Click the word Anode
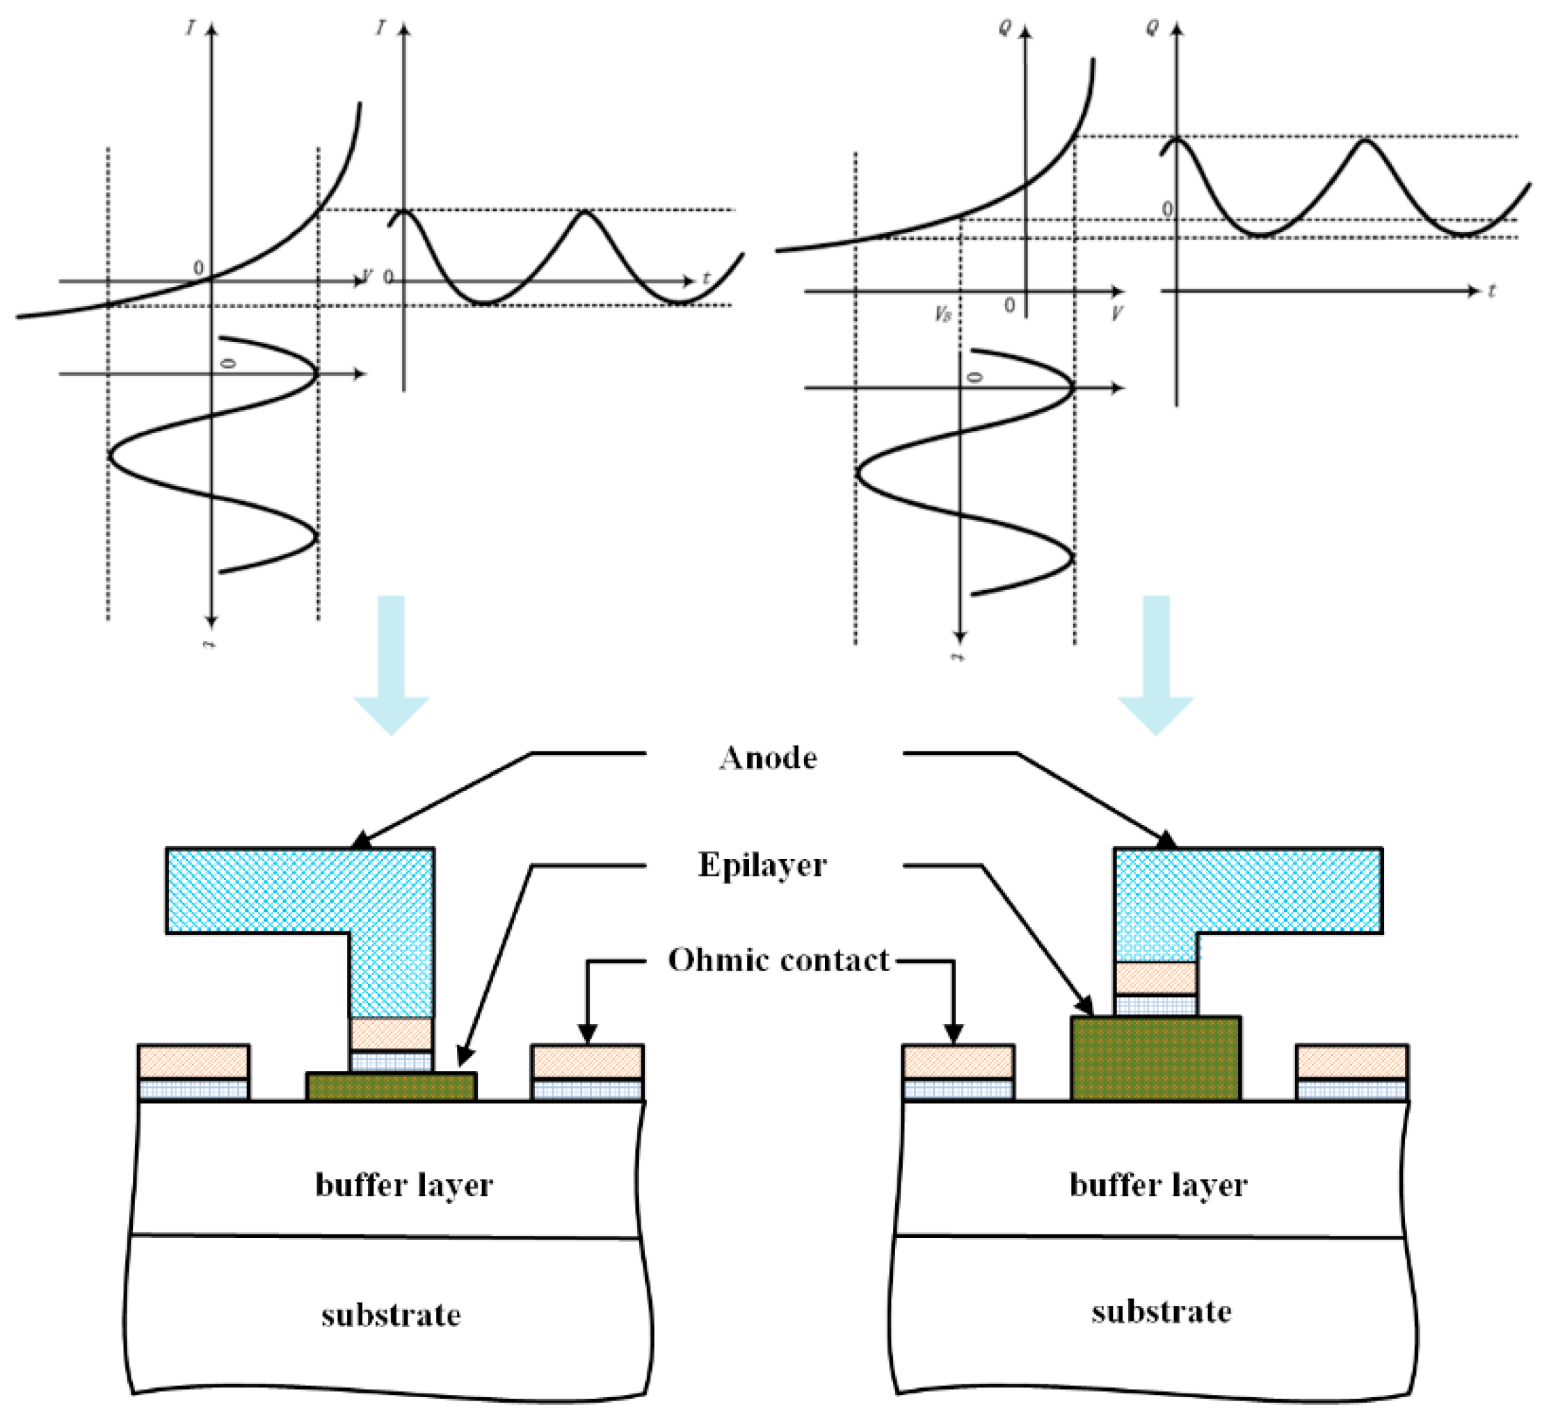click(x=768, y=758)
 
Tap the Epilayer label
click(x=762, y=865)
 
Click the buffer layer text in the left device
click(x=403, y=1185)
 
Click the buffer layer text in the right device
click(x=1158, y=1185)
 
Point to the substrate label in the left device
click(x=391, y=1315)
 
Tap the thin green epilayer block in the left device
click(x=391, y=1087)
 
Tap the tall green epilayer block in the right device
click(x=1155, y=1059)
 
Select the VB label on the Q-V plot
click(x=942, y=314)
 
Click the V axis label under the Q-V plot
click(x=1116, y=313)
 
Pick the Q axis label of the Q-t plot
click(x=1152, y=28)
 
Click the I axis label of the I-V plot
click(x=190, y=28)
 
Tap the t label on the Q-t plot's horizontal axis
click(x=1492, y=291)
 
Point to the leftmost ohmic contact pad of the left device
click(x=193, y=1072)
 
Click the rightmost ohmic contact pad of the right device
click(x=1351, y=1072)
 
